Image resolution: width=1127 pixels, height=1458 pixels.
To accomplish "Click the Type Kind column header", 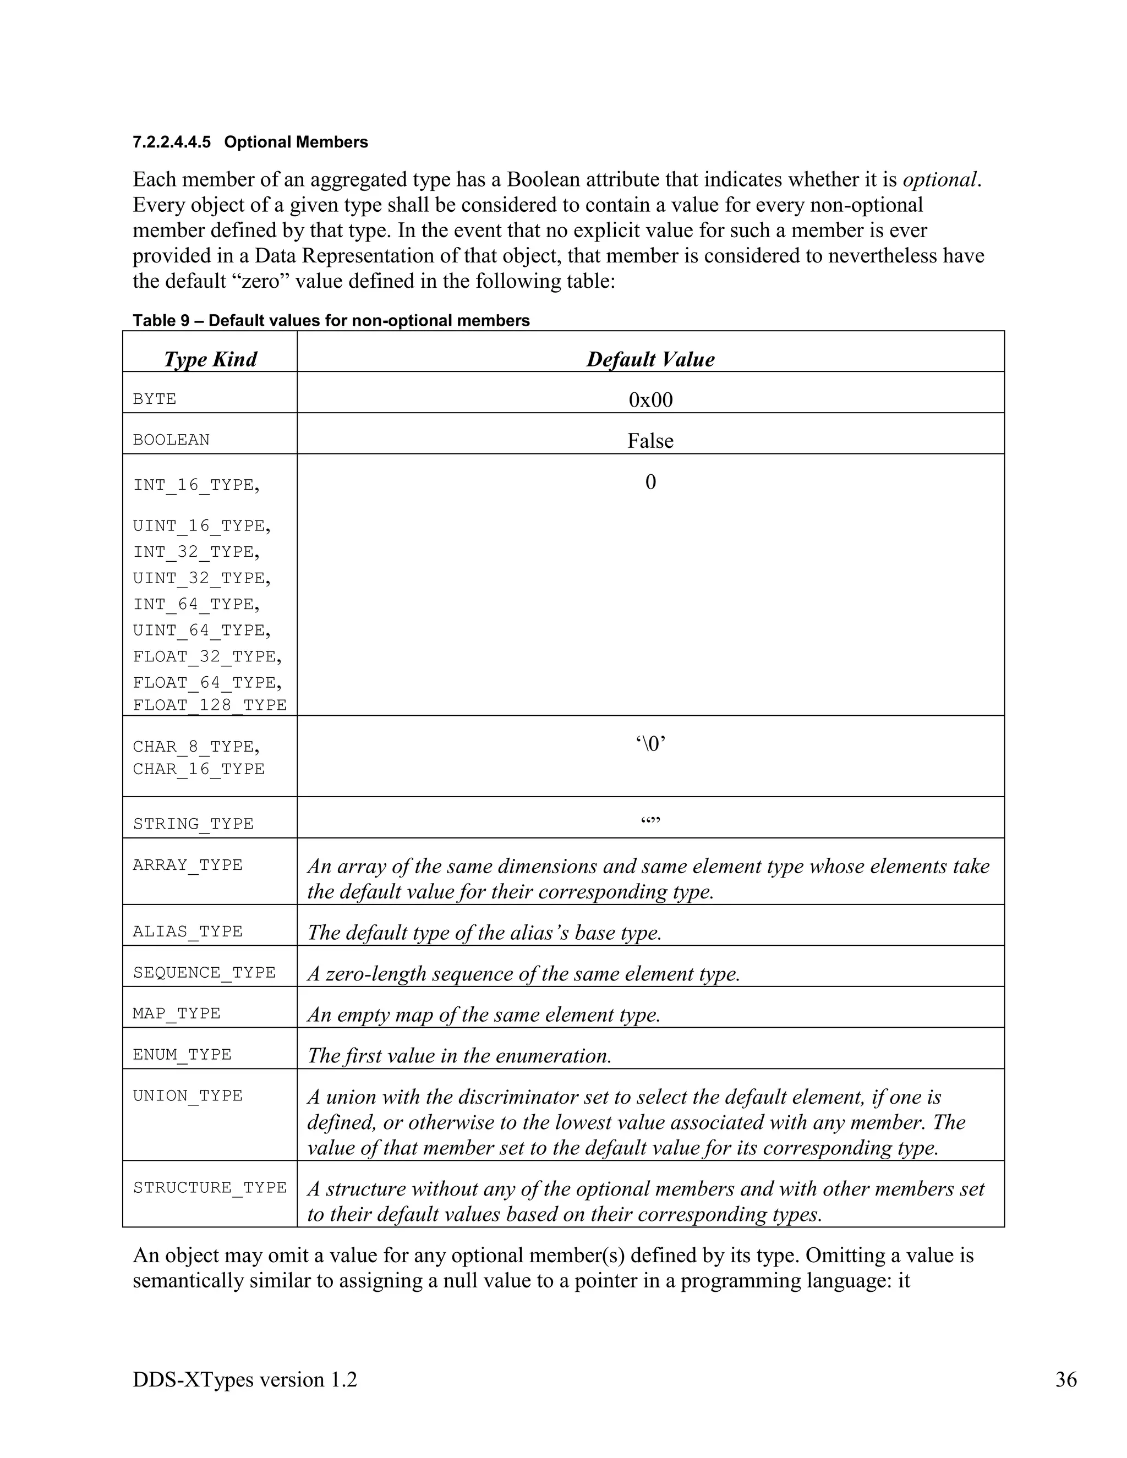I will (x=210, y=359).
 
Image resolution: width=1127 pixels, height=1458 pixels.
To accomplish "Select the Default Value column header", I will (x=650, y=359).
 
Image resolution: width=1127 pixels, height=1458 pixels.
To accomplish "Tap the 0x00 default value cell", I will (x=650, y=400).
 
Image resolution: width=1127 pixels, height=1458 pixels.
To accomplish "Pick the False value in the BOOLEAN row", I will (x=650, y=441).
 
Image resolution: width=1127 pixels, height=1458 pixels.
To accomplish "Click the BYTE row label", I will (x=154, y=399).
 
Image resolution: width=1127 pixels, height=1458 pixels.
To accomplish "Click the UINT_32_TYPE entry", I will (x=201, y=578).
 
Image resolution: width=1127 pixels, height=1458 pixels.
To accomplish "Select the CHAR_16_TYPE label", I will (x=198, y=769).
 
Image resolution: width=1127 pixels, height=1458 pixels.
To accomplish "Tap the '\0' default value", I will (x=650, y=744).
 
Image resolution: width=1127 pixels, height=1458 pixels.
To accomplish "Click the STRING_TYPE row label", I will (x=193, y=824).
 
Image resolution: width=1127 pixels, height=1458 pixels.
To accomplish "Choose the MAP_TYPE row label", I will (x=176, y=1013).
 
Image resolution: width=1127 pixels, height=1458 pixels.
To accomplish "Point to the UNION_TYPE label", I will (x=188, y=1095).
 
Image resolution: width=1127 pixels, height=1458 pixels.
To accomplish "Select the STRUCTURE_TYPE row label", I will (x=210, y=1188).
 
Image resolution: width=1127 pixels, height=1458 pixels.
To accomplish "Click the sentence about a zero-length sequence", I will (x=523, y=973).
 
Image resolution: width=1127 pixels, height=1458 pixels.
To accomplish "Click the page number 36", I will (x=1065, y=1379).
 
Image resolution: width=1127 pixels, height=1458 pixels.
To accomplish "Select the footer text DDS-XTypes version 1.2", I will (x=245, y=1379).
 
